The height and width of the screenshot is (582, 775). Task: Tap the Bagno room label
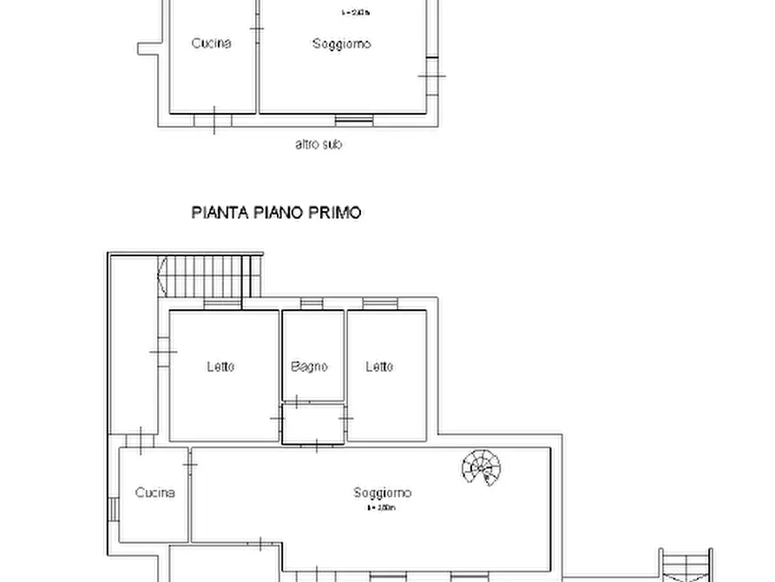[x=310, y=367]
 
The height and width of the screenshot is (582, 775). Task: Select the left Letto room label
[x=220, y=367]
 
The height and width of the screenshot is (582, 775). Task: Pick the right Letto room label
[x=379, y=367]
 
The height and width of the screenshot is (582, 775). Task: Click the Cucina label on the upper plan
[x=212, y=43]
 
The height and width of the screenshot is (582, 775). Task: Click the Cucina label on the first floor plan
[x=154, y=493]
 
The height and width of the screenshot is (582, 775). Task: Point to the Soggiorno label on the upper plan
[x=342, y=43]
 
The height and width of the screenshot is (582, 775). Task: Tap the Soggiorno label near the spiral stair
[x=383, y=493]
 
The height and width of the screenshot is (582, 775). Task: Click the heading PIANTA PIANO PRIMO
[x=276, y=212]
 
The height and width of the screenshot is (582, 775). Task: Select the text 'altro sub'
[x=319, y=144]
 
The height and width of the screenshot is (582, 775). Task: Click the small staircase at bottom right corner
[x=686, y=565]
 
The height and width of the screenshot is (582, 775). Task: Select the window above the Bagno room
[x=311, y=304]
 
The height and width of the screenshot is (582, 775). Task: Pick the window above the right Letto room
[x=380, y=304]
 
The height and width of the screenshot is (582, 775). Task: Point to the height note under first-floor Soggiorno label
[x=381, y=507]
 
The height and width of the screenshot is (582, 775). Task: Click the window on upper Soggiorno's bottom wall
[x=354, y=118]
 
